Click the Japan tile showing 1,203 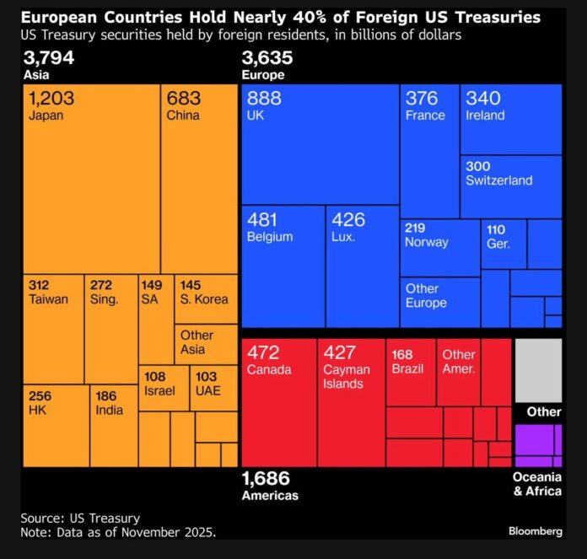pyautogui.click(x=91, y=178)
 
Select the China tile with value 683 pyautogui.click(x=199, y=178)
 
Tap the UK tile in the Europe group pyautogui.click(x=320, y=143)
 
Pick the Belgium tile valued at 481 pyautogui.click(x=283, y=266)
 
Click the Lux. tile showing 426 pyautogui.click(x=362, y=266)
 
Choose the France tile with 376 pyautogui.click(x=429, y=151)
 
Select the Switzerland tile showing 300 pyautogui.click(x=511, y=186)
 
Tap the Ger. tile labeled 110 pyautogui.click(x=504, y=244)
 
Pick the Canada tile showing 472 pyautogui.click(x=279, y=401)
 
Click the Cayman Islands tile pyautogui.click(x=351, y=401)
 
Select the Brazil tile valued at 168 pyautogui.click(x=411, y=372)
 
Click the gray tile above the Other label pyautogui.click(x=538, y=370)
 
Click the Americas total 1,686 pyautogui.click(x=266, y=480)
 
